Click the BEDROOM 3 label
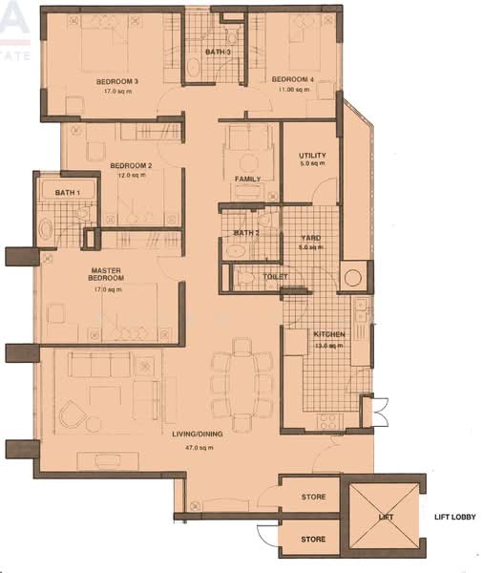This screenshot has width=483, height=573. [117, 82]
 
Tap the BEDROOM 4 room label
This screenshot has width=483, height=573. [292, 79]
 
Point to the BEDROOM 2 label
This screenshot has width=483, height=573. [132, 165]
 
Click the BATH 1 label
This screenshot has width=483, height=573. [67, 193]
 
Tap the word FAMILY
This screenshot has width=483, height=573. [248, 180]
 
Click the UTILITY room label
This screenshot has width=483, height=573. [312, 155]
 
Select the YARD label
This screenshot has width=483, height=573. [310, 238]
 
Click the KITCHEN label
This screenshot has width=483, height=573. [329, 334]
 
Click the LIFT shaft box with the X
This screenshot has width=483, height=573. [386, 517]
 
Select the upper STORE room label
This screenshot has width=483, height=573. [312, 498]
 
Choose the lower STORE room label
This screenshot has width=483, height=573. [312, 540]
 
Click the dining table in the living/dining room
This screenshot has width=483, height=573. [241, 382]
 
